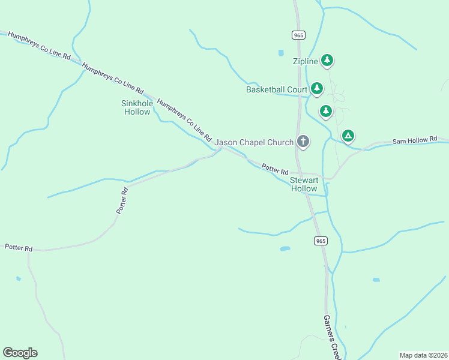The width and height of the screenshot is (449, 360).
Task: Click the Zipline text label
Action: pos(305,61)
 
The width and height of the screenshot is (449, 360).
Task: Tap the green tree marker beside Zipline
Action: pos(327,59)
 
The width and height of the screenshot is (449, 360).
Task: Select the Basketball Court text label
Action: pos(276,90)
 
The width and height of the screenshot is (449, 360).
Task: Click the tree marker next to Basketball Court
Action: pos(317,89)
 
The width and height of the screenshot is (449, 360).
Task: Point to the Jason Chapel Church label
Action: pos(254,142)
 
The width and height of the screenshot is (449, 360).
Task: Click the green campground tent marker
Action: pos(348,135)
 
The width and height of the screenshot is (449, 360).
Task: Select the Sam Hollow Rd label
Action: pos(415,140)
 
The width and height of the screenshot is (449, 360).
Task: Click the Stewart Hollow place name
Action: pos(303,184)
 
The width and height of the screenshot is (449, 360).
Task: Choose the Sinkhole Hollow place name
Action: pos(136,107)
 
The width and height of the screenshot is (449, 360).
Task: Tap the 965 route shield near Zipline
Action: pos(298,35)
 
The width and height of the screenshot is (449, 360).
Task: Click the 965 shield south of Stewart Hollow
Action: pos(321,241)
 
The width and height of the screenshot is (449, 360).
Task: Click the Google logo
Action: pos(20,353)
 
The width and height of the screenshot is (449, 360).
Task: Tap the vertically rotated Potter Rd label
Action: pos(122,201)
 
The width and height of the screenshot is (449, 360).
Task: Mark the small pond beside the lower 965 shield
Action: pos(285,248)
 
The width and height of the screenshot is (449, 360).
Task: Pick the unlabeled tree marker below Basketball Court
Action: pos(325,110)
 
